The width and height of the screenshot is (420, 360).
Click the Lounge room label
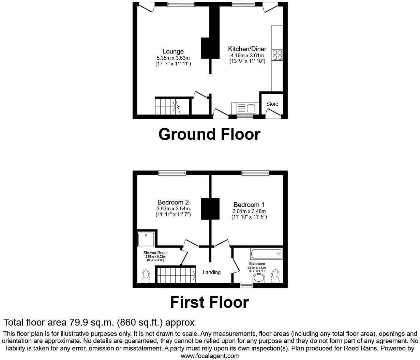pos(173,51)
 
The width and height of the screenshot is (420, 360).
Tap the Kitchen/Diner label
pos(247,49)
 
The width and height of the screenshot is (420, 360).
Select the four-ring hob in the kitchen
pos(277,55)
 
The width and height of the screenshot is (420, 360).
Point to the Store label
pos(272,104)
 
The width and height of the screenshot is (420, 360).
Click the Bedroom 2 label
pos(173,202)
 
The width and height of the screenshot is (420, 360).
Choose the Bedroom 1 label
pos(249,205)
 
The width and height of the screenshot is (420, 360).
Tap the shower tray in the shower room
pos(146,239)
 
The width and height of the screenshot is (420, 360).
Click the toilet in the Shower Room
pos(146,276)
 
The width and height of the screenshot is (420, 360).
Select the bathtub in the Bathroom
pos(266,254)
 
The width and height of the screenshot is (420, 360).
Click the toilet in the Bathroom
pos(275,276)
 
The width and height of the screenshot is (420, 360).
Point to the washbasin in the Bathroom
pos(259,279)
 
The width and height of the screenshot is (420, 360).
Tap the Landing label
pos(211,272)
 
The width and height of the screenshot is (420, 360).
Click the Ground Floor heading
pos(209,134)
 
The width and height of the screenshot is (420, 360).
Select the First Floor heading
pos(209,302)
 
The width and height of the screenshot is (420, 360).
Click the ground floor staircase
pos(168,106)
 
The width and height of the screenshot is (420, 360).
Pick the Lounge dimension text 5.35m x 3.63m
pos(173,58)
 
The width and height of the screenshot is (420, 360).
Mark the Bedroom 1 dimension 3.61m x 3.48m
pos(249,211)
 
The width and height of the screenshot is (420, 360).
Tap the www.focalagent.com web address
pos(210,356)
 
